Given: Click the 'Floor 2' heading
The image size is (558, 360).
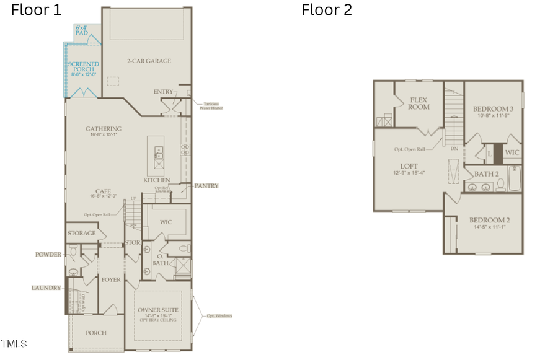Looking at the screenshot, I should (327, 10).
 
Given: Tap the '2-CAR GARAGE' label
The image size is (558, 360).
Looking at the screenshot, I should (149, 61).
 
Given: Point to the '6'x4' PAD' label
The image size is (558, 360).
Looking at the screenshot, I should (82, 30).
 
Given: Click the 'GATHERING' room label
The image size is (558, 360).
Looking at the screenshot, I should (104, 130).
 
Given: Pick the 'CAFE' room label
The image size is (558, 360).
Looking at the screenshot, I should (104, 191).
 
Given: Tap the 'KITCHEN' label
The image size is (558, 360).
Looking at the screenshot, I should (157, 180).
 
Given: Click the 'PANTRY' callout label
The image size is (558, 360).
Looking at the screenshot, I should (206, 186).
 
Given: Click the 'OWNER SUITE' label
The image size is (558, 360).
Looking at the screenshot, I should (159, 310).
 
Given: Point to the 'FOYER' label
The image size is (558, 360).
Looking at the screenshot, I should (111, 280).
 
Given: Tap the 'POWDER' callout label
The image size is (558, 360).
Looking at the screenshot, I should (48, 255).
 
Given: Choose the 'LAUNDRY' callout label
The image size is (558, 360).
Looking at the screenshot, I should (46, 288).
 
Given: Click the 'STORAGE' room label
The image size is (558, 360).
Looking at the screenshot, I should (82, 234).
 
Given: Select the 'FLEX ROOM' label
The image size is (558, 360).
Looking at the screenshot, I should (418, 103).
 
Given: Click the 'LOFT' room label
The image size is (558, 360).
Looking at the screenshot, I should (409, 165).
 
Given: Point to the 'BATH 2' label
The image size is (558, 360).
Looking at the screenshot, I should (487, 174).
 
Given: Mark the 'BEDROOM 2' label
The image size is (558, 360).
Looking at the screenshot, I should (489, 221).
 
